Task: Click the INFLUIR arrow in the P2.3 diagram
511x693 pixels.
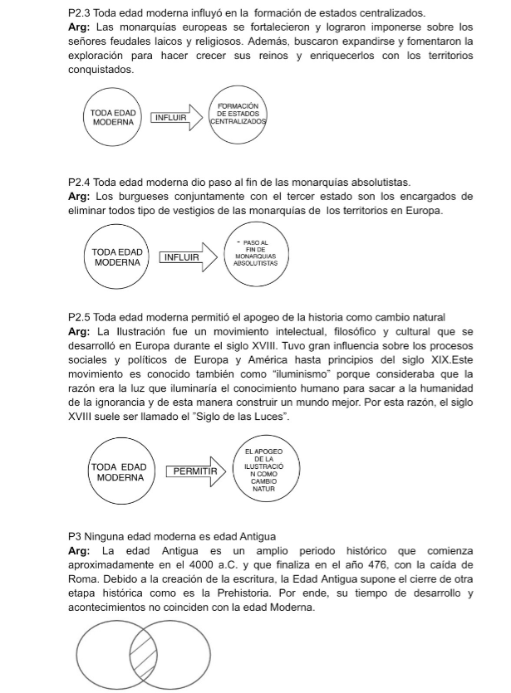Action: [175, 117]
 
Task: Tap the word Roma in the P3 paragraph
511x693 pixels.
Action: [81, 579]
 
